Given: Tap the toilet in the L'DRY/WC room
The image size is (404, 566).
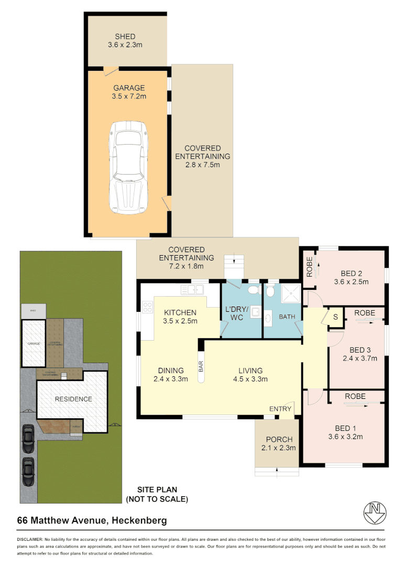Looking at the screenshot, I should coord(253,290).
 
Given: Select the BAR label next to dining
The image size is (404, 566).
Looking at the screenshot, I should coord(200,366).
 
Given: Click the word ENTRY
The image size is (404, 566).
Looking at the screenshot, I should coord(279,409).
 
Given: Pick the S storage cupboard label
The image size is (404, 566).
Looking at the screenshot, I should coord(335,317).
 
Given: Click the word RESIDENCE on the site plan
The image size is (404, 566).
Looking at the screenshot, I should coord(73,399).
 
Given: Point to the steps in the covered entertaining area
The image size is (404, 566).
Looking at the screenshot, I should coord(234,260).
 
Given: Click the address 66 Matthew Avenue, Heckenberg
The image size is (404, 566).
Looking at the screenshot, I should coord(92,520).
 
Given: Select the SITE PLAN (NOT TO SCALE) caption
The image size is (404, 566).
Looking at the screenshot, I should coord(157,494).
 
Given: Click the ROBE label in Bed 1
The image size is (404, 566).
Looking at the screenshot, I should coord(355,396).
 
